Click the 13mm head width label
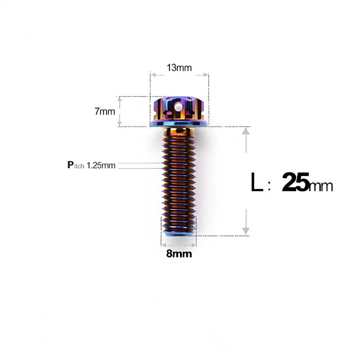click(x=179, y=68)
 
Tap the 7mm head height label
click(x=105, y=111)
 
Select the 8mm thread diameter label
click(x=179, y=254)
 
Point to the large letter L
click(x=257, y=183)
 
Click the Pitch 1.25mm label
click(x=91, y=165)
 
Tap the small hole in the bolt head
click(x=179, y=108)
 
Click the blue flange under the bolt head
click(x=179, y=123)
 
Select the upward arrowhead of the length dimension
click(x=246, y=131)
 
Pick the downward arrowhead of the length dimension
click(x=246, y=231)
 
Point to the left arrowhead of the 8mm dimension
click(x=164, y=245)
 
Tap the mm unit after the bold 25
click(x=321, y=185)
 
